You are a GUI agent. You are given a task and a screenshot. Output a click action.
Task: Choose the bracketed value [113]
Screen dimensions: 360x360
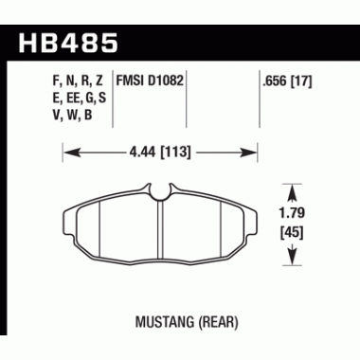tap(177, 149)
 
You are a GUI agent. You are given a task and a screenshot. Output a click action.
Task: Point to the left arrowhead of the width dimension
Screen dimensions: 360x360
tap(67, 149)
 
